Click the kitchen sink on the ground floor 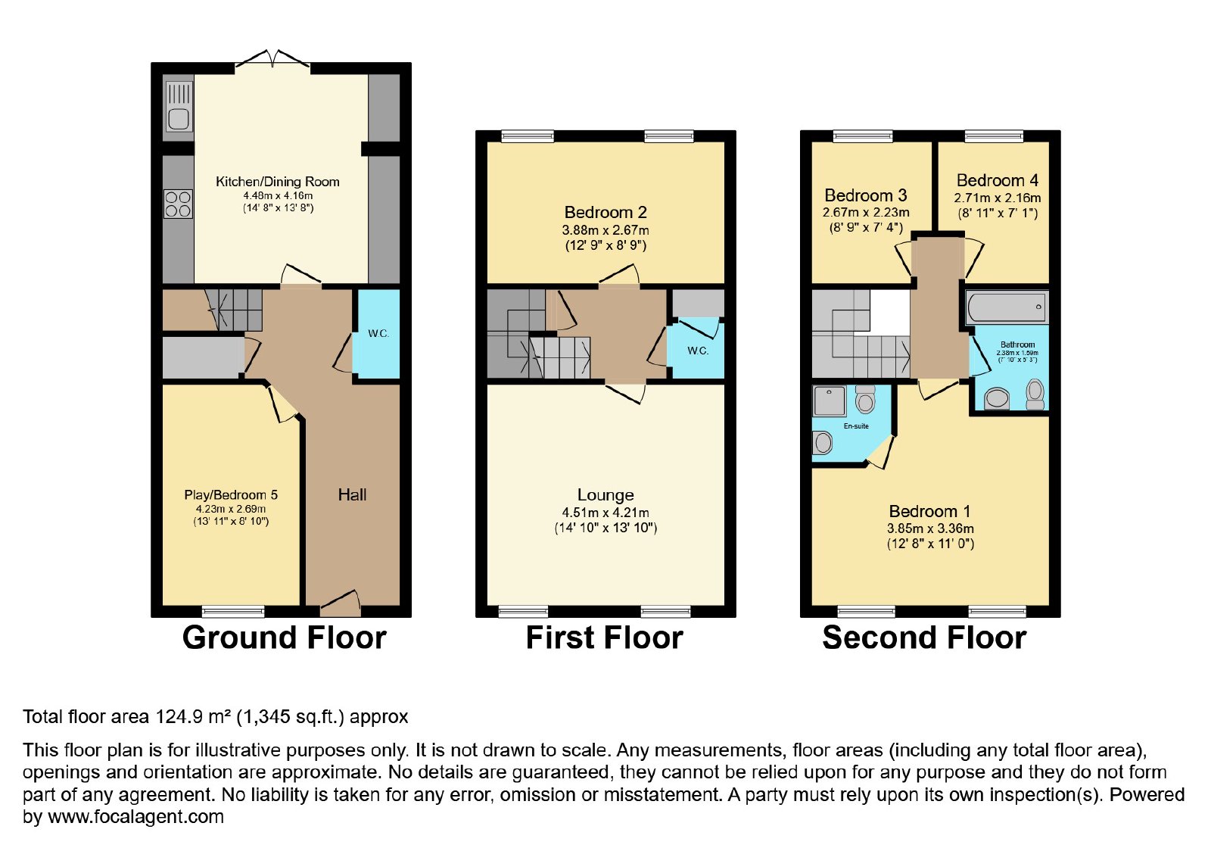click(178, 107)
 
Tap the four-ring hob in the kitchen click(178, 204)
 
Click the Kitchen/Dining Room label click(278, 182)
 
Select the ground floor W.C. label click(378, 334)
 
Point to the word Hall click(352, 494)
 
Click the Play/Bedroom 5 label click(231, 495)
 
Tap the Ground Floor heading click(285, 638)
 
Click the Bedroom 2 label click(605, 212)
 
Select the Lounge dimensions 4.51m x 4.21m click(605, 512)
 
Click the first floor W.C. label click(697, 351)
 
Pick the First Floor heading click(605, 638)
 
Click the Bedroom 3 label click(866, 195)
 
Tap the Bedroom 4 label click(998, 180)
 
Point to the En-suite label click(856, 426)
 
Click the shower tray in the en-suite click(830, 401)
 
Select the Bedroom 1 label click(930, 511)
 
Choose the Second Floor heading click(924, 638)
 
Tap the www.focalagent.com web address click(135, 816)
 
